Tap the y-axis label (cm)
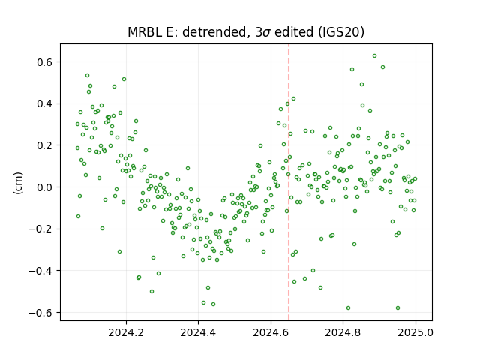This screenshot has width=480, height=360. [x=18, y=183]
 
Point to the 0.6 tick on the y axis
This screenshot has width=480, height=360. [x=45, y=62]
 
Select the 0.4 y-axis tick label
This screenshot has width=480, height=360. [x=45, y=103]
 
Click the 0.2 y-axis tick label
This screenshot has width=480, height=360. [x=45, y=145]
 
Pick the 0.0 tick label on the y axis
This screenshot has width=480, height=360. [x=45, y=187]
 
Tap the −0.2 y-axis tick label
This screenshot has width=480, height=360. [x=41, y=229]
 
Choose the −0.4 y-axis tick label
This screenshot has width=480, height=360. [x=41, y=271]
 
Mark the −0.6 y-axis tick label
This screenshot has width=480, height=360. [x=41, y=312]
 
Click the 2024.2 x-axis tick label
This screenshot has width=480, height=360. [x=126, y=332]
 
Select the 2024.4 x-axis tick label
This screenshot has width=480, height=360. [x=198, y=332]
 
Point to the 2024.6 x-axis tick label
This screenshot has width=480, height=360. [x=271, y=332]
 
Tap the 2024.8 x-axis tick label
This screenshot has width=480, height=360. [x=343, y=332]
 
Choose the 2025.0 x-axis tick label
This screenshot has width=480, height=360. [x=415, y=332]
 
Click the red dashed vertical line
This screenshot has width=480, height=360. [x=289, y=182]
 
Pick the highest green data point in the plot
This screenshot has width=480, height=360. [x=374, y=56]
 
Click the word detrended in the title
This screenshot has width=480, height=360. [x=215, y=32]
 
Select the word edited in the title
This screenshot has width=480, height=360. [x=294, y=32]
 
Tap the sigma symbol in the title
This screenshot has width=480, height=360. [x=266, y=33]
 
